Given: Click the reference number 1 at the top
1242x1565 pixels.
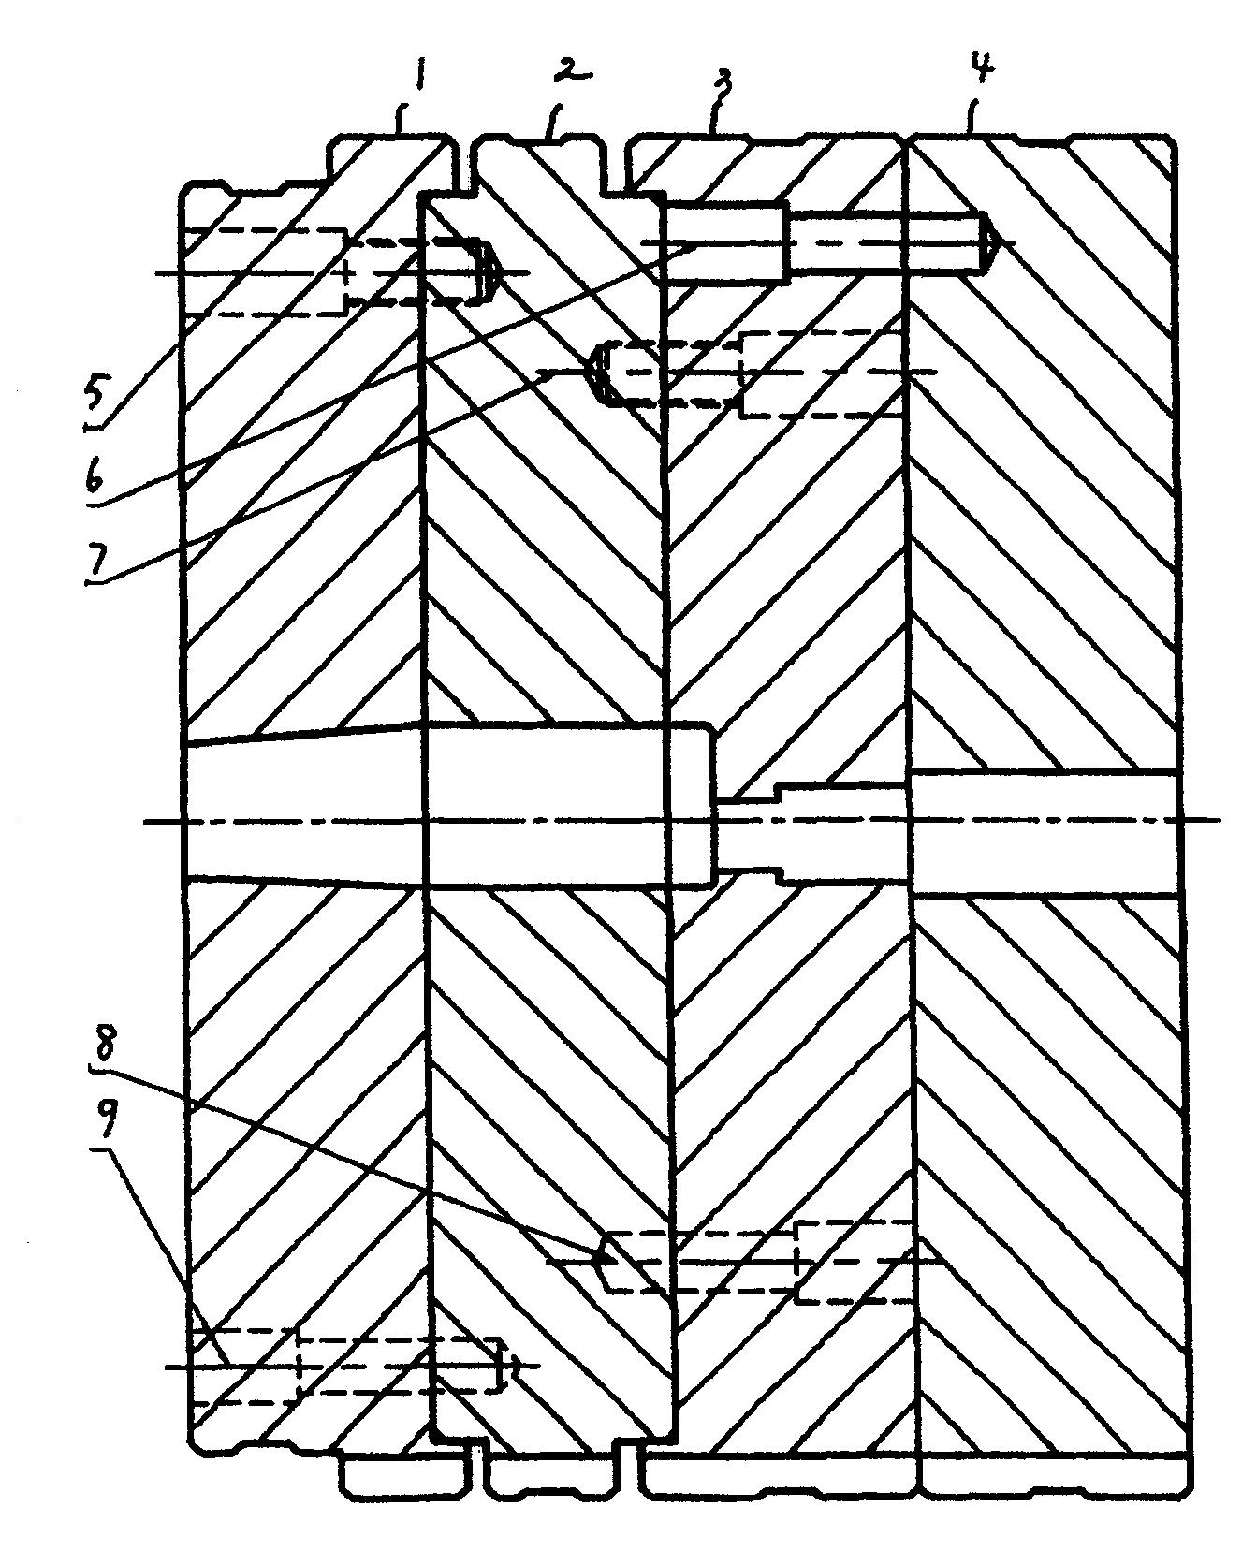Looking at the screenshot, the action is (x=421, y=74).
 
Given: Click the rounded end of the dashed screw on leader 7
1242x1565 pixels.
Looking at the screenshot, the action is (x=605, y=373).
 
